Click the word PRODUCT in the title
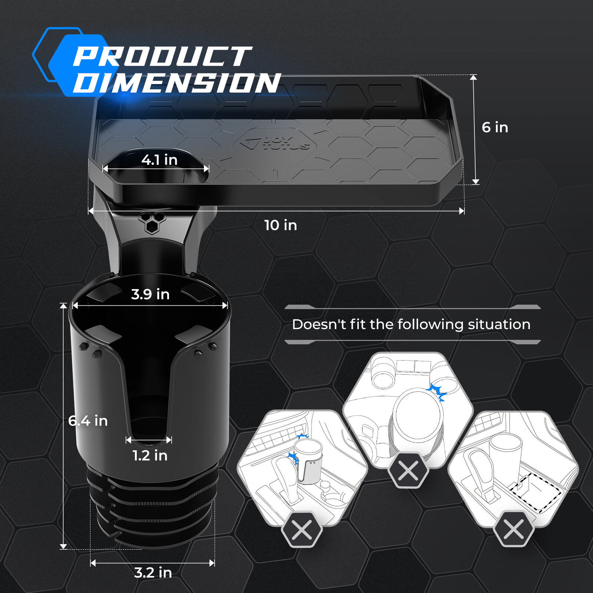[x=162, y=56]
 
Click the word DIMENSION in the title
[x=177, y=83]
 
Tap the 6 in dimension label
[x=495, y=127]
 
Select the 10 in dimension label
[x=281, y=225]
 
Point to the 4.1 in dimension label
[x=159, y=160]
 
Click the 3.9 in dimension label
[x=150, y=294]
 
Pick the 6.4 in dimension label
[x=88, y=421]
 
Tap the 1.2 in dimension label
[x=150, y=455]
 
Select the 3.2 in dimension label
[x=153, y=573]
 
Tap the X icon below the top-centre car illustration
[x=408, y=471]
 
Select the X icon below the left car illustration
[x=302, y=530]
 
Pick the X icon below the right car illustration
[x=514, y=529]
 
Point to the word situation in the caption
[x=499, y=325]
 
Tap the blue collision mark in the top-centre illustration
[x=437, y=392]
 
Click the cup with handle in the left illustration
[x=308, y=462]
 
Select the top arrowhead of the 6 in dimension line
[x=473, y=77]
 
